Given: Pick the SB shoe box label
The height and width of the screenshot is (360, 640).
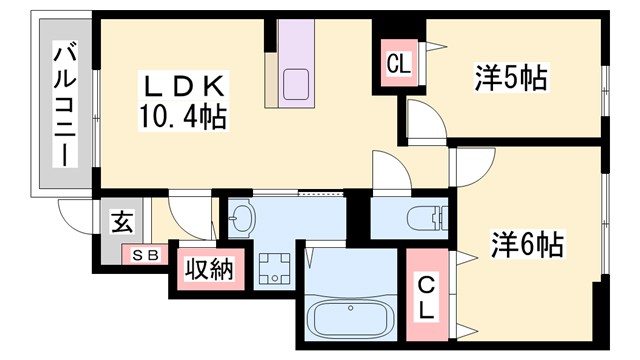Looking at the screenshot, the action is (146, 256).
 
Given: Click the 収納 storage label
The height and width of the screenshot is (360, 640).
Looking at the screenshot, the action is (209, 270).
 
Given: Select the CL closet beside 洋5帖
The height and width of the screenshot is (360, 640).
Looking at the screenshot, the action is (398, 66).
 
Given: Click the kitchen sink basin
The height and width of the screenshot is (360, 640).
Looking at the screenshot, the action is (297, 84).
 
